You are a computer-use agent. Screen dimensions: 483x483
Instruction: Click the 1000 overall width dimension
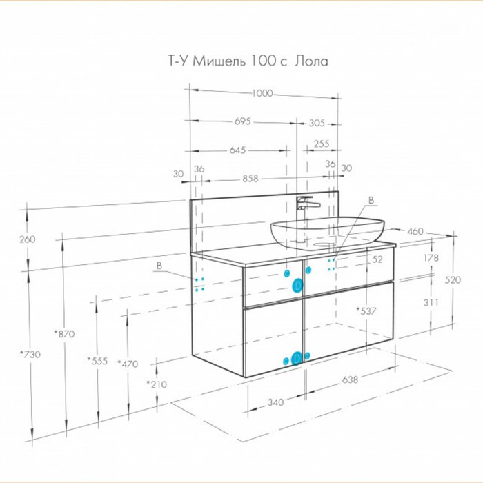[262, 93]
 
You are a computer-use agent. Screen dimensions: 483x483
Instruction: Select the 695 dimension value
[243, 121]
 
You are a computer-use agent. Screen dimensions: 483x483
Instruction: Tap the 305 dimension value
[317, 123]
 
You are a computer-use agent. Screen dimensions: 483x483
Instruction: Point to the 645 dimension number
[238, 150]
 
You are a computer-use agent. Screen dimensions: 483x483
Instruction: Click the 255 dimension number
[322, 144]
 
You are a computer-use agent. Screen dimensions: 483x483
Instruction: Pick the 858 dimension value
[250, 179]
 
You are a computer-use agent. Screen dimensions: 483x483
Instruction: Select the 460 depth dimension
[415, 231]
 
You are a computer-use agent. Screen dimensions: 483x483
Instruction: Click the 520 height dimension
[453, 279]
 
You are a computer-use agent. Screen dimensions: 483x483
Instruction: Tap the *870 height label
[64, 333]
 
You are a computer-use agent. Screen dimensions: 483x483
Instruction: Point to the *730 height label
[30, 354]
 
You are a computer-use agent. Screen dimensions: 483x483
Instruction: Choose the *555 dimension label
[97, 361]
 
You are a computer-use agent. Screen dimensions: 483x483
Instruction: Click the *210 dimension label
[157, 384]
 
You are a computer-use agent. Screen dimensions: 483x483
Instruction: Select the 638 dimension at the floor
[350, 379]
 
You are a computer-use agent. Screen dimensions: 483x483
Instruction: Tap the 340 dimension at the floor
[275, 402]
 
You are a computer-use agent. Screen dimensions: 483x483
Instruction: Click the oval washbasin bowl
[328, 233]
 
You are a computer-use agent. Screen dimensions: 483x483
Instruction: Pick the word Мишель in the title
[219, 61]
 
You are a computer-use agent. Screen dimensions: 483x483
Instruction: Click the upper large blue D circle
[297, 286]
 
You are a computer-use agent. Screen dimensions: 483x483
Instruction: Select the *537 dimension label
[366, 311]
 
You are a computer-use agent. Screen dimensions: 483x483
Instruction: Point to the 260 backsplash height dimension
[28, 239]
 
